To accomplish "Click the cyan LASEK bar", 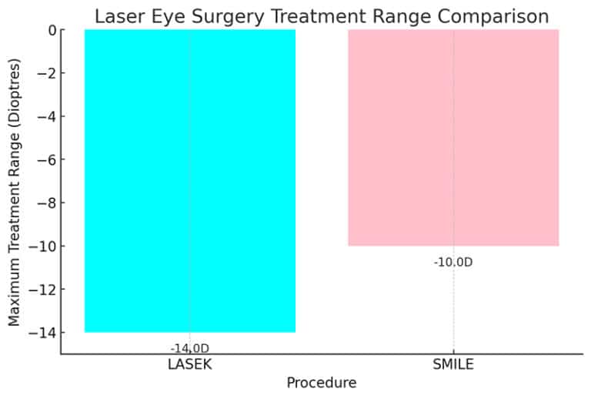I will click(189, 180).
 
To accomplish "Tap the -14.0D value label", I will click(189, 348).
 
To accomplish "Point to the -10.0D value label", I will click(453, 262).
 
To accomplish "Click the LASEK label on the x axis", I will click(189, 364).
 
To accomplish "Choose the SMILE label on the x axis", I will click(453, 364).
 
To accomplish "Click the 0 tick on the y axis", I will click(51, 30).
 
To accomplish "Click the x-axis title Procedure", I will click(321, 383).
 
